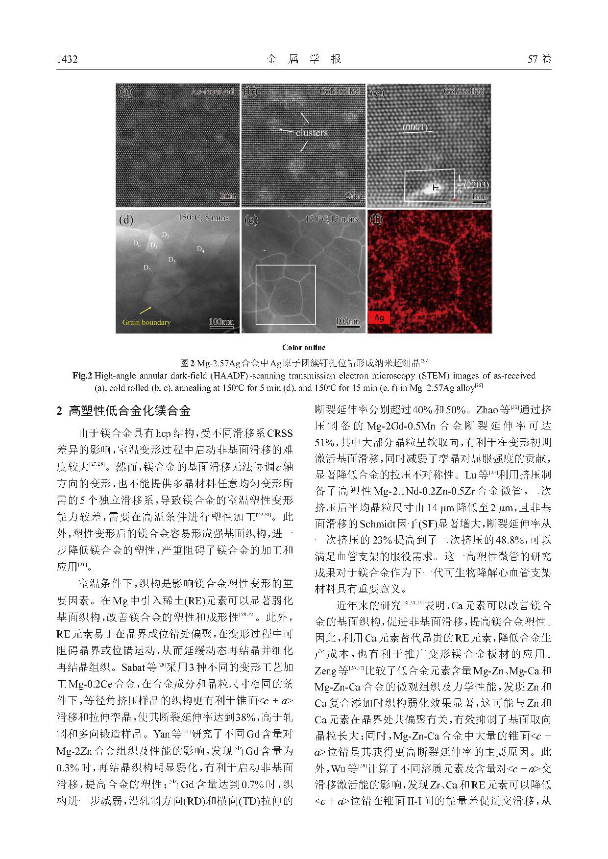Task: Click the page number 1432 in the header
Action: coord(67,60)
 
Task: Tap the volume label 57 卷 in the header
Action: coord(539,60)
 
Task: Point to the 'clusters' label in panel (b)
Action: coord(312,133)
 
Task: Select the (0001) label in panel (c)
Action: coord(415,128)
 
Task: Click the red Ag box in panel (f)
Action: coord(379,317)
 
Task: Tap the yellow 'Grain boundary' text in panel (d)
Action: coord(146,322)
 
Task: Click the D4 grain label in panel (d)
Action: coord(200,249)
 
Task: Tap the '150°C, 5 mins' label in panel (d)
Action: coord(203,218)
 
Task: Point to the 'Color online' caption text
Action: coord(304,348)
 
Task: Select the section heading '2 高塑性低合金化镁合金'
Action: coord(123,411)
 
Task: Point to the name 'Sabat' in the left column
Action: coord(132,668)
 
